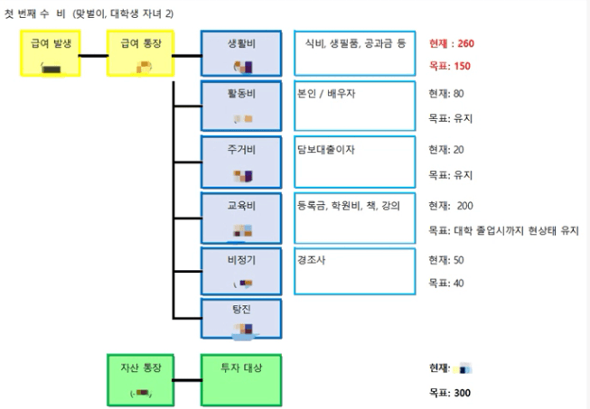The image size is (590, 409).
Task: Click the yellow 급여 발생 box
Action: click(x=49, y=54)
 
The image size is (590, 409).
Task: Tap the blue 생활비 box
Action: click(x=240, y=54)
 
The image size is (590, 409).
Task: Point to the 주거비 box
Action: click(x=240, y=161)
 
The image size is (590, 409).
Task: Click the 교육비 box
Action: click(x=240, y=217)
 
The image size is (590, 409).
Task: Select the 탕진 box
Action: click(x=240, y=318)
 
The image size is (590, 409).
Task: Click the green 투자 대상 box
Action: click(x=240, y=379)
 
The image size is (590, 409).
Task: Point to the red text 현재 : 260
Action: click(x=451, y=43)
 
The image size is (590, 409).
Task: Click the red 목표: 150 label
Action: click(x=449, y=67)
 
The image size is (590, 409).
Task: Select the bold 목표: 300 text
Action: click(x=449, y=393)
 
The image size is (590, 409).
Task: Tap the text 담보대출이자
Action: click(x=325, y=150)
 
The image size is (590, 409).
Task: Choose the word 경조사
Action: click(x=312, y=259)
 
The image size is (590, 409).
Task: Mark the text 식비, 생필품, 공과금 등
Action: click(x=355, y=43)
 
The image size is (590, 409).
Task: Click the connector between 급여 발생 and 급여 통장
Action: click(x=93, y=55)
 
